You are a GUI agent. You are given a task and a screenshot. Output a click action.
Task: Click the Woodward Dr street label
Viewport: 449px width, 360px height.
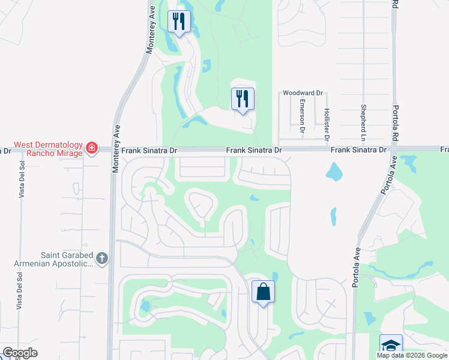303,93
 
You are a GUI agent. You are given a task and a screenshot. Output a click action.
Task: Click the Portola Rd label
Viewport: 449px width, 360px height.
394,5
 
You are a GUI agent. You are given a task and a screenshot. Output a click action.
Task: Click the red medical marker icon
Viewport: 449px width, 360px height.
91,148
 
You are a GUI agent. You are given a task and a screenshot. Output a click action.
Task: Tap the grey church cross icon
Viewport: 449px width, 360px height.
102,259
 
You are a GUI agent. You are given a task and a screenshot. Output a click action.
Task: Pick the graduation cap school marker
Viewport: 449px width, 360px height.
391,345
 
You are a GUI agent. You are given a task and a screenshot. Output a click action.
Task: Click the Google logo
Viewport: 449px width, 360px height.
20,353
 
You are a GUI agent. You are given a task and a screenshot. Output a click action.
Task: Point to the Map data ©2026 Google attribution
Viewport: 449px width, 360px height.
412,355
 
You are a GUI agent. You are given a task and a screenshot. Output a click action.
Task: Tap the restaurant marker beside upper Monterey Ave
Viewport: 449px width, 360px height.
179,22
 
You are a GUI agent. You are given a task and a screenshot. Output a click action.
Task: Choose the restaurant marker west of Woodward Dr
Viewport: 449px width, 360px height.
243,98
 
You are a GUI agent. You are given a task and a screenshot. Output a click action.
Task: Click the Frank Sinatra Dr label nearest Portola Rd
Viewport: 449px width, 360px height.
358,149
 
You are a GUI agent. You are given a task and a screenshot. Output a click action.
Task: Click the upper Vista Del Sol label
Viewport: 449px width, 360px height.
21,179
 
